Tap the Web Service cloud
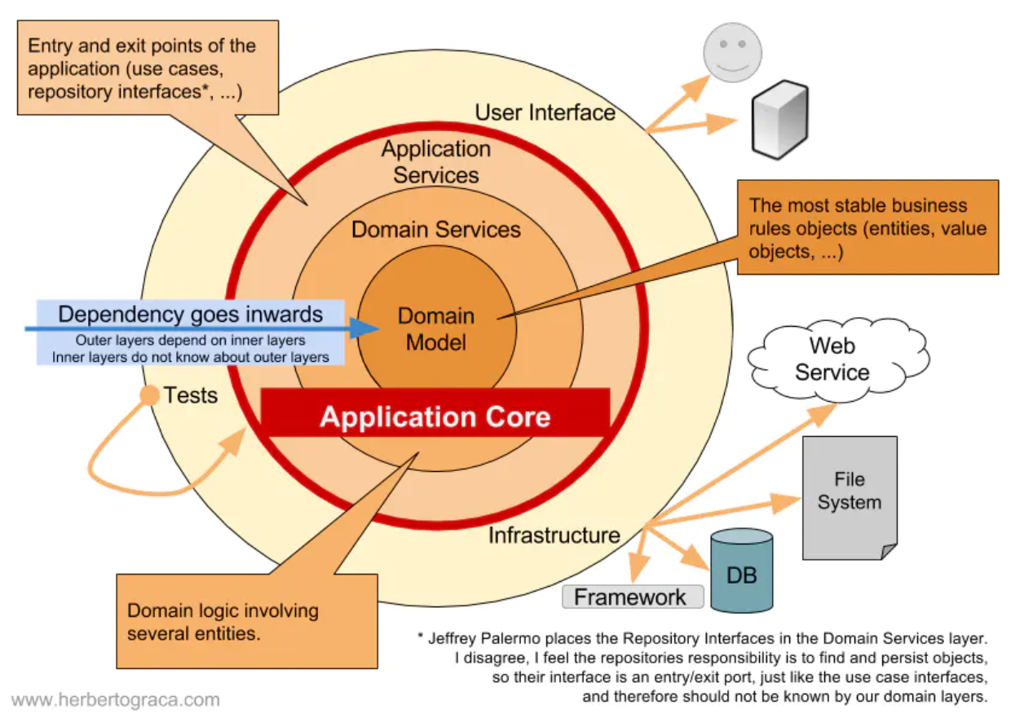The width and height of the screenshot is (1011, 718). point(832,359)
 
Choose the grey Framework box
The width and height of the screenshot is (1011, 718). point(632,597)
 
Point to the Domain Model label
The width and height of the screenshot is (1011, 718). point(436,329)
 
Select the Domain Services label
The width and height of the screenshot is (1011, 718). point(436,230)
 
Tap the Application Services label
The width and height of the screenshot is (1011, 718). point(436,162)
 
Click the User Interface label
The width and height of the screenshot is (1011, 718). point(545,112)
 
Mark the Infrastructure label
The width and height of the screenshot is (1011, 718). point(554,535)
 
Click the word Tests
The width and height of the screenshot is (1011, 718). point(191,396)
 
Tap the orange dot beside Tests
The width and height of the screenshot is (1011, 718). point(149,395)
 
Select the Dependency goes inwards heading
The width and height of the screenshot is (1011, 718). point(191,315)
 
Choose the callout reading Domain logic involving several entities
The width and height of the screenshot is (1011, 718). point(246,621)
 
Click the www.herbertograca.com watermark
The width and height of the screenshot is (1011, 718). point(116,699)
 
